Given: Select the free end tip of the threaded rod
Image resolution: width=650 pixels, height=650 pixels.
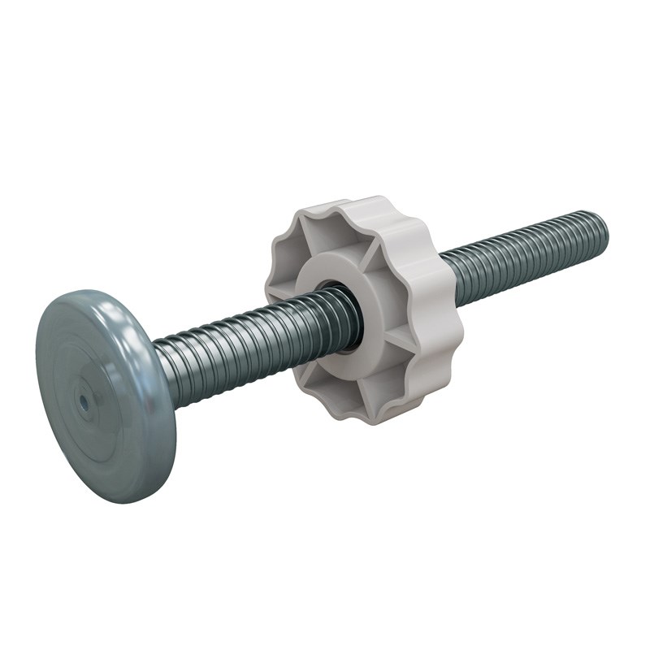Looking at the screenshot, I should pyautogui.click(x=602, y=228).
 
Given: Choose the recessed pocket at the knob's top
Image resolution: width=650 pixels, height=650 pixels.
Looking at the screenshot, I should pyautogui.click(x=325, y=236).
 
